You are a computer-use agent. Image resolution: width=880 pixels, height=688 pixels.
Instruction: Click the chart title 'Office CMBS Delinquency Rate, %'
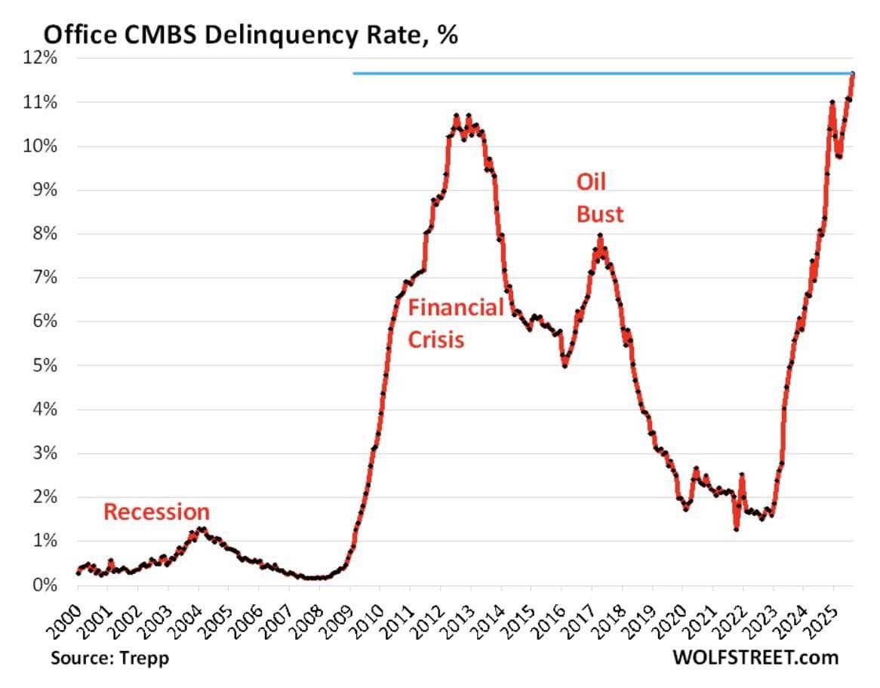pos(250,35)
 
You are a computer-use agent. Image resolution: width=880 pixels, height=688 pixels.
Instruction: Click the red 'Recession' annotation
pos(156,512)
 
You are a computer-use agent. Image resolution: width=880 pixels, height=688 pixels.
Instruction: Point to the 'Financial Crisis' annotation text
pos(455,324)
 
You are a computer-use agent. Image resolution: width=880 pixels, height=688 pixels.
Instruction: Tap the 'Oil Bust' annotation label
pos(600,198)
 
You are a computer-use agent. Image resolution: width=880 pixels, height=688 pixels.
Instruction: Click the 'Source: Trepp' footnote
pos(110,658)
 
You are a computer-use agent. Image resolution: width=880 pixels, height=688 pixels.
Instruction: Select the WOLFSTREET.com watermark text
pos(755,658)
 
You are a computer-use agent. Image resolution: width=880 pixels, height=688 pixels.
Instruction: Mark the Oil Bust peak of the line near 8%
pos(600,236)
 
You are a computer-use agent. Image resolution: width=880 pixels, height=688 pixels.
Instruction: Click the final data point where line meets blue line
pos(852,74)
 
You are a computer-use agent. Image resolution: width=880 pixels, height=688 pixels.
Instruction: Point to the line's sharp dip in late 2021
pos(736,529)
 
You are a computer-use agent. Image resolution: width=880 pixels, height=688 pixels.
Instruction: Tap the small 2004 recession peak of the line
pos(199,529)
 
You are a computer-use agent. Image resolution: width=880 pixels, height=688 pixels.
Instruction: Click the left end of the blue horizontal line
pos(354,73)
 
